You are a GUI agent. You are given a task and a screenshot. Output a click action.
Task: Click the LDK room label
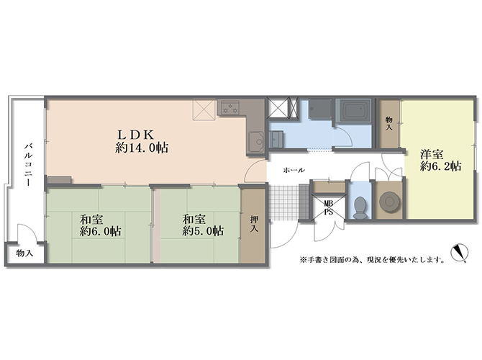tap(136, 135)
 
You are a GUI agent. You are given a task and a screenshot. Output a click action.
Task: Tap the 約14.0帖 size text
tap(142, 148)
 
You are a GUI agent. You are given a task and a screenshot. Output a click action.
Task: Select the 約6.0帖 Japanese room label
tap(100, 225)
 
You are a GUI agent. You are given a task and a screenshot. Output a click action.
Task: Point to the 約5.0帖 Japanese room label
tap(203, 225)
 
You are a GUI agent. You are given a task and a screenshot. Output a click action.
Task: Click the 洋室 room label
tap(432, 153)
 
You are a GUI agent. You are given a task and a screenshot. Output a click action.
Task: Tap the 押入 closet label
tap(254, 224)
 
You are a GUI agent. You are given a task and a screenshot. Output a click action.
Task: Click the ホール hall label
tap(294, 170)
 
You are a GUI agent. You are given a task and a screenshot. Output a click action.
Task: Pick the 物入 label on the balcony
tap(24, 253)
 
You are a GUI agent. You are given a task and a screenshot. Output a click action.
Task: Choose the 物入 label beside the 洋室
tap(389, 123)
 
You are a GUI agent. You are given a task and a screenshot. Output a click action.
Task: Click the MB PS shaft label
tap(329, 207)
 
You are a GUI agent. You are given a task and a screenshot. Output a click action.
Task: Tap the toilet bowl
tap(360, 207)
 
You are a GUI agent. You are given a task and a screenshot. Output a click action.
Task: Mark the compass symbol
tap(459, 253)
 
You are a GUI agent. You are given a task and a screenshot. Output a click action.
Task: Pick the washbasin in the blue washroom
tap(276, 139)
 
